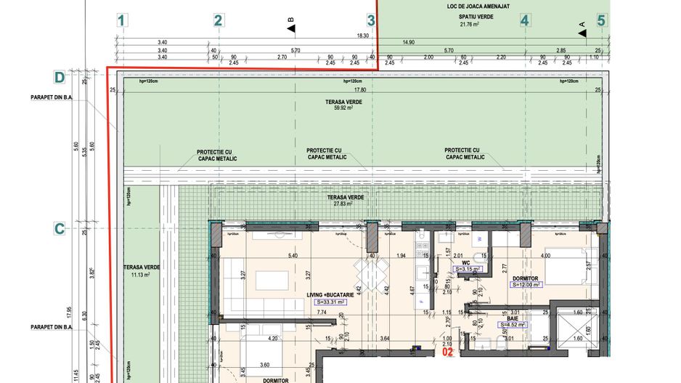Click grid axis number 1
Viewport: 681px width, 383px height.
122,21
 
